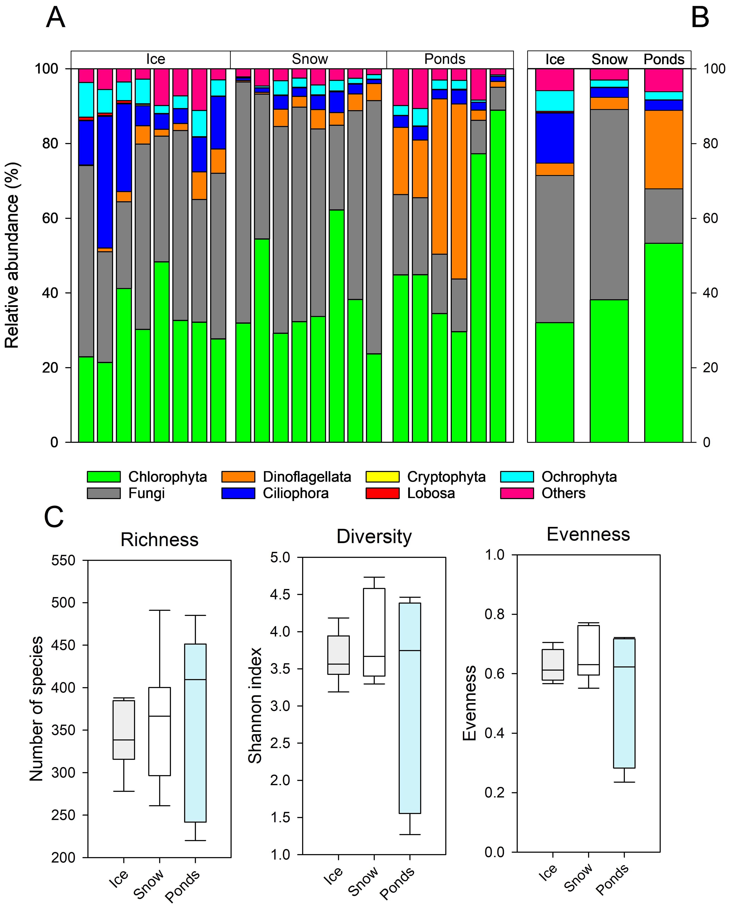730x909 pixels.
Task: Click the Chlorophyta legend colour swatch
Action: pyautogui.click(x=104, y=476)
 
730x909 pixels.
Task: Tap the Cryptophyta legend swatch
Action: pyautogui.click(x=382, y=476)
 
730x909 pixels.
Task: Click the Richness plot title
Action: pyautogui.click(x=159, y=540)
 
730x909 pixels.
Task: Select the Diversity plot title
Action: pyautogui.click(x=374, y=537)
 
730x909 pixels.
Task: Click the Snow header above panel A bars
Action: pyautogui.click(x=310, y=59)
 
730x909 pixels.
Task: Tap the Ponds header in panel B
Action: pyautogui.click(x=664, y=59)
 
